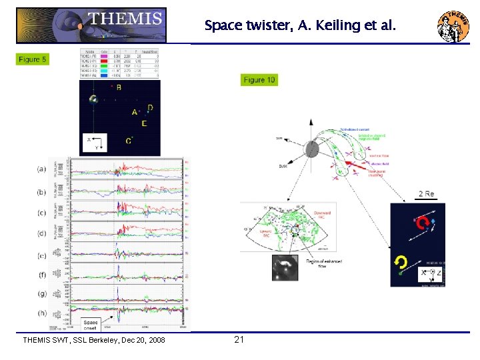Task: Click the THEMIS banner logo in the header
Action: point(91,25)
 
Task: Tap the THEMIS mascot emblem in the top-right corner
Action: point(453,26)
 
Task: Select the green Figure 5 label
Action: point(33,59)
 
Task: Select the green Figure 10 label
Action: point(259,80)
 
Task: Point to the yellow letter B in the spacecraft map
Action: point(119,87)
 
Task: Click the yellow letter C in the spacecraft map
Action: point(128,140)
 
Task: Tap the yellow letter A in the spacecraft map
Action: point(135,113)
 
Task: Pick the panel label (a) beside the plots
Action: point(42,169)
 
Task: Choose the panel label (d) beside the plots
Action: point(42,233)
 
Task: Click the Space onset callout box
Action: point(91,325)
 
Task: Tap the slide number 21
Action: point(239,340)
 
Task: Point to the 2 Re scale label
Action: point(426,194)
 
